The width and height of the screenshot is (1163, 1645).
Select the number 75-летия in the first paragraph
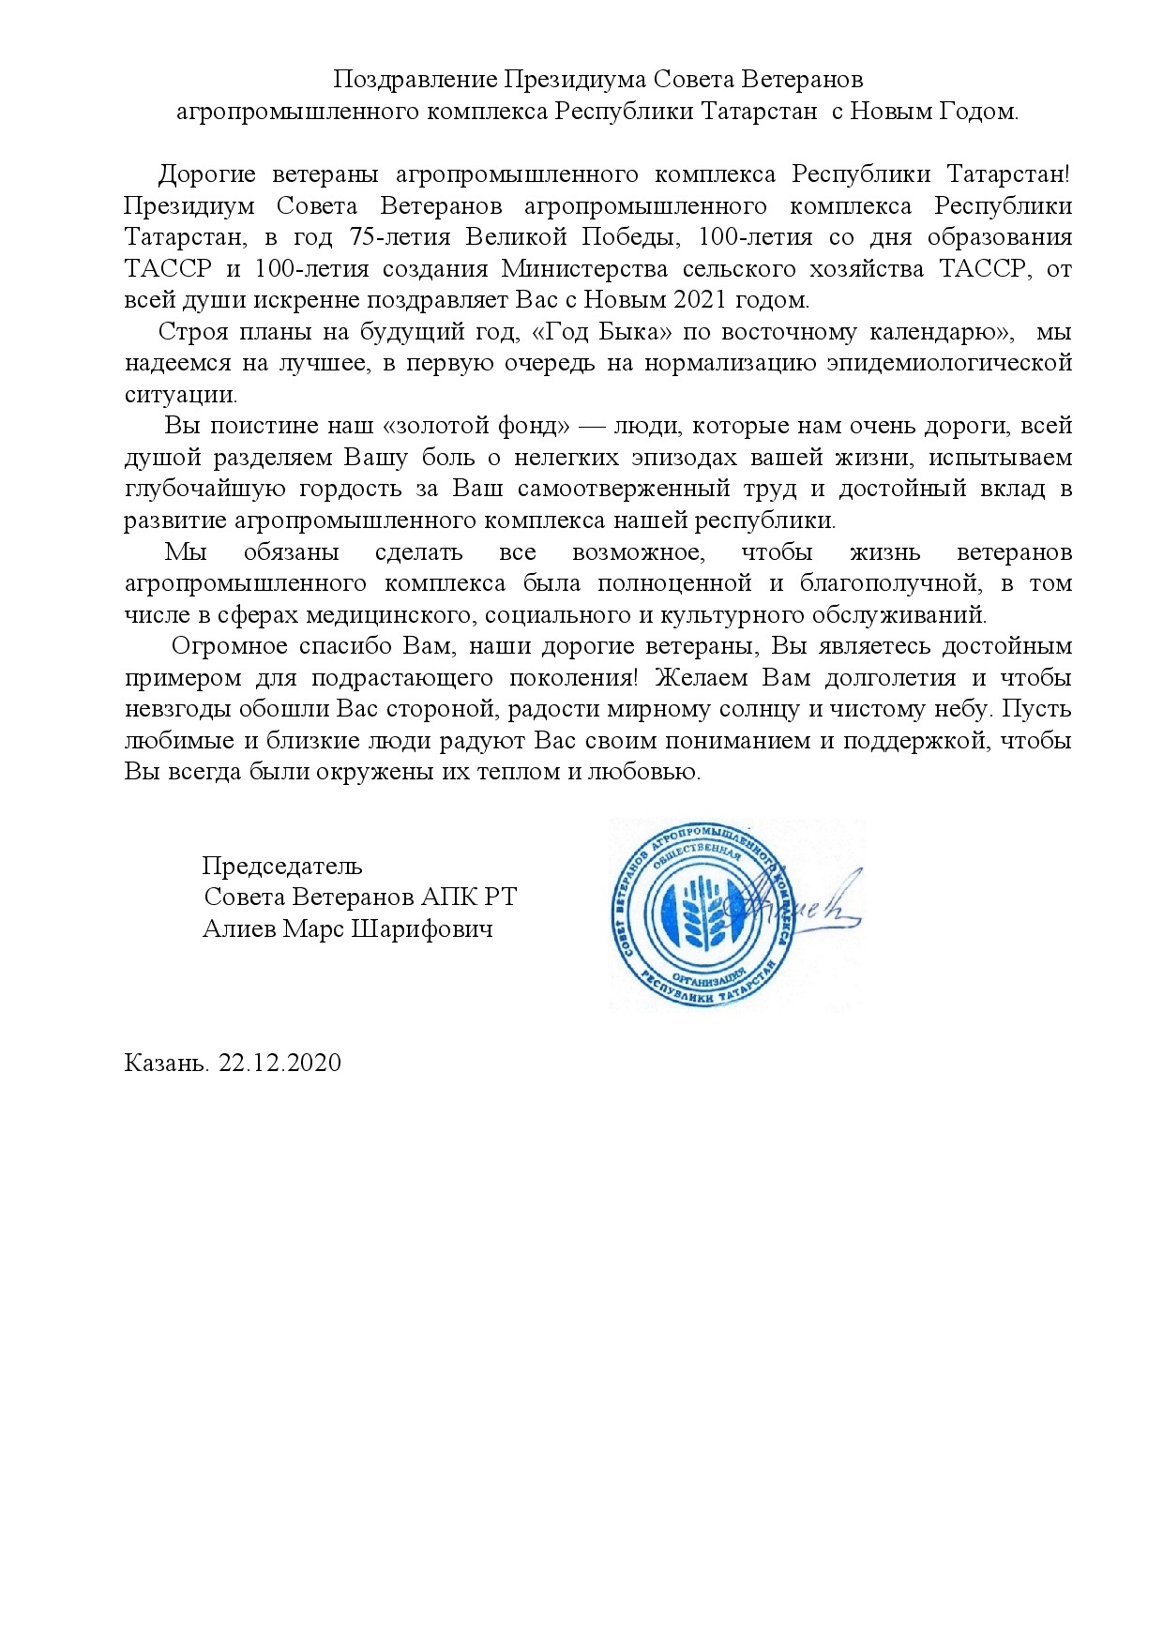point(390,237)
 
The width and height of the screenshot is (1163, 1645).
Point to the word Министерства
point(584,269)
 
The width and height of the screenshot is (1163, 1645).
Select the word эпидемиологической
point(949,363)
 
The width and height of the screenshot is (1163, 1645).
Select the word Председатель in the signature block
point(282,866)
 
